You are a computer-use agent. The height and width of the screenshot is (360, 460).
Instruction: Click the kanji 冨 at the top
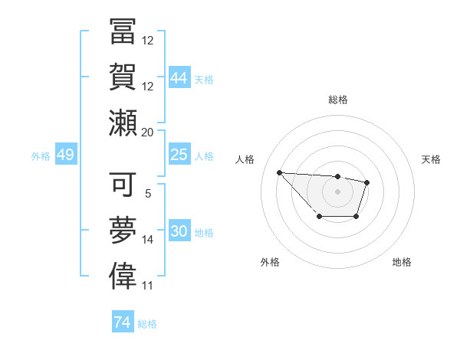point(122,33)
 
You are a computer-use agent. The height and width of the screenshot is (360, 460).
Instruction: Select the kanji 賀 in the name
point(122,77)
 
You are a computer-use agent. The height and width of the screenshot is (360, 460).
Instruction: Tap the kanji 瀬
point(122,123)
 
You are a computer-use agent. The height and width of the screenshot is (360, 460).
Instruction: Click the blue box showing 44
point(179,78)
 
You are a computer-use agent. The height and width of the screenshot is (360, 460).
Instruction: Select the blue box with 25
point(179,155)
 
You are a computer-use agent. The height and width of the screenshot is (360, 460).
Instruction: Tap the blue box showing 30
point(179,231)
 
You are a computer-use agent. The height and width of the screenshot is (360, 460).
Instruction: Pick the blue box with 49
point(65,155)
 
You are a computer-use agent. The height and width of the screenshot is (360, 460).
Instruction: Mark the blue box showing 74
point(122,322)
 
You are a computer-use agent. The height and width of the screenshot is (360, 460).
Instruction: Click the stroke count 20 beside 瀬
point(148,132)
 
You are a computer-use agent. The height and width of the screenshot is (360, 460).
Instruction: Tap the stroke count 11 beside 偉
point(148,285)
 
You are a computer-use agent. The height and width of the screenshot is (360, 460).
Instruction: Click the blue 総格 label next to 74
point(147,324)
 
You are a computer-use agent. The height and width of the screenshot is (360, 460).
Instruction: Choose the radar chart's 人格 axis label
point(245,159)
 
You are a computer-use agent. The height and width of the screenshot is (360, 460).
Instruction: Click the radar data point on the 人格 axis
point(279,172)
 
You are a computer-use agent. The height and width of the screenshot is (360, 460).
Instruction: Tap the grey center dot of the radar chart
point(337,191)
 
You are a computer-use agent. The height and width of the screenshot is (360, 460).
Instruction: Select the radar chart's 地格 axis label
point(402,263)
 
